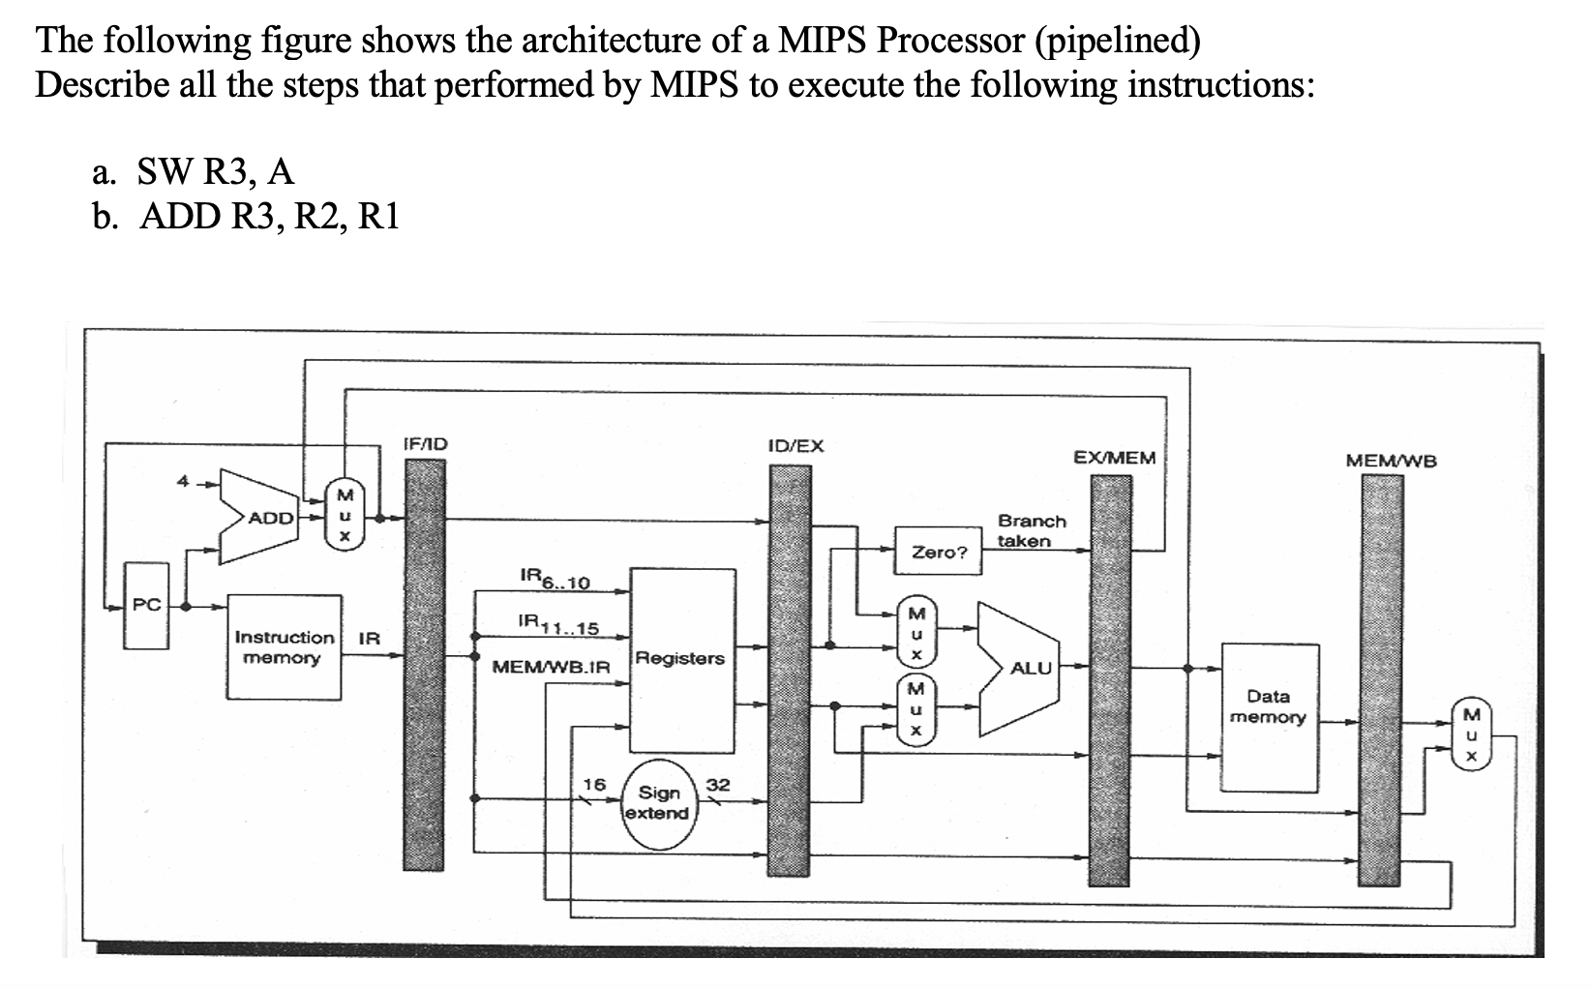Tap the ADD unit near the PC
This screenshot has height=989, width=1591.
(272, 518)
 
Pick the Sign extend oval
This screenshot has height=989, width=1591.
(657, 803)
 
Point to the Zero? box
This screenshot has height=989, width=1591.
(939, 553)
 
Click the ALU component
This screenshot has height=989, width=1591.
(1022, 668)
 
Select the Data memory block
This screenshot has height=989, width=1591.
(1269, 717)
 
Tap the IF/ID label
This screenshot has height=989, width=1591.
(425, 444)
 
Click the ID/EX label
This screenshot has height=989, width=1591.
(795, 445)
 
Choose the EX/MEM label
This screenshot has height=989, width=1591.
(1115, 457)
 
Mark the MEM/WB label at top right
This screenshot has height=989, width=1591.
(1392, 461)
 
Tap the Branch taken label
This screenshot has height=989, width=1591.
(1031, 530)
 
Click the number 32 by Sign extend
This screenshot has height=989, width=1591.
(718, 784)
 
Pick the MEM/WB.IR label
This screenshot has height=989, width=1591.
(552, 667)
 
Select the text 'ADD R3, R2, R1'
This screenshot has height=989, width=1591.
(269, 216)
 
